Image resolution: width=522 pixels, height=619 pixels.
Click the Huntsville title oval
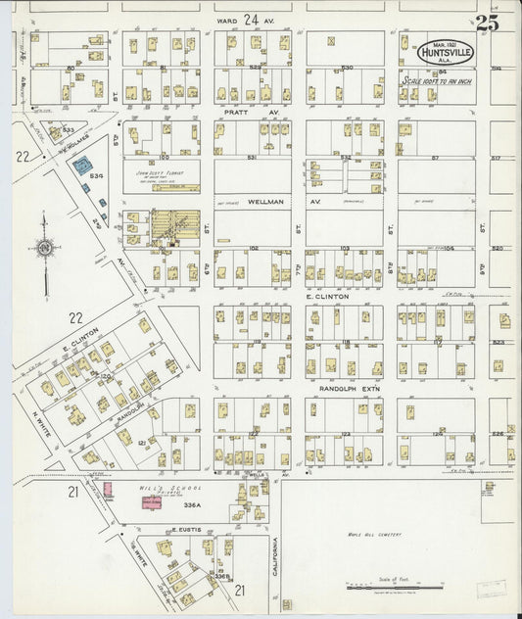pos(449,50)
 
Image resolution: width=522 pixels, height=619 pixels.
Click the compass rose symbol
pos(45,251)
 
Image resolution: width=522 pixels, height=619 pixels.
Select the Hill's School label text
pos(177,487)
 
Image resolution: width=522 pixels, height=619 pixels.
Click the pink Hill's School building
pos(152,502)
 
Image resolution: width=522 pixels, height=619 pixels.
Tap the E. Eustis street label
pos(186,530)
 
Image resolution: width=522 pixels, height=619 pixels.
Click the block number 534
pos(96,176)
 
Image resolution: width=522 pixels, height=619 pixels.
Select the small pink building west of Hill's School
pos(109,487)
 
